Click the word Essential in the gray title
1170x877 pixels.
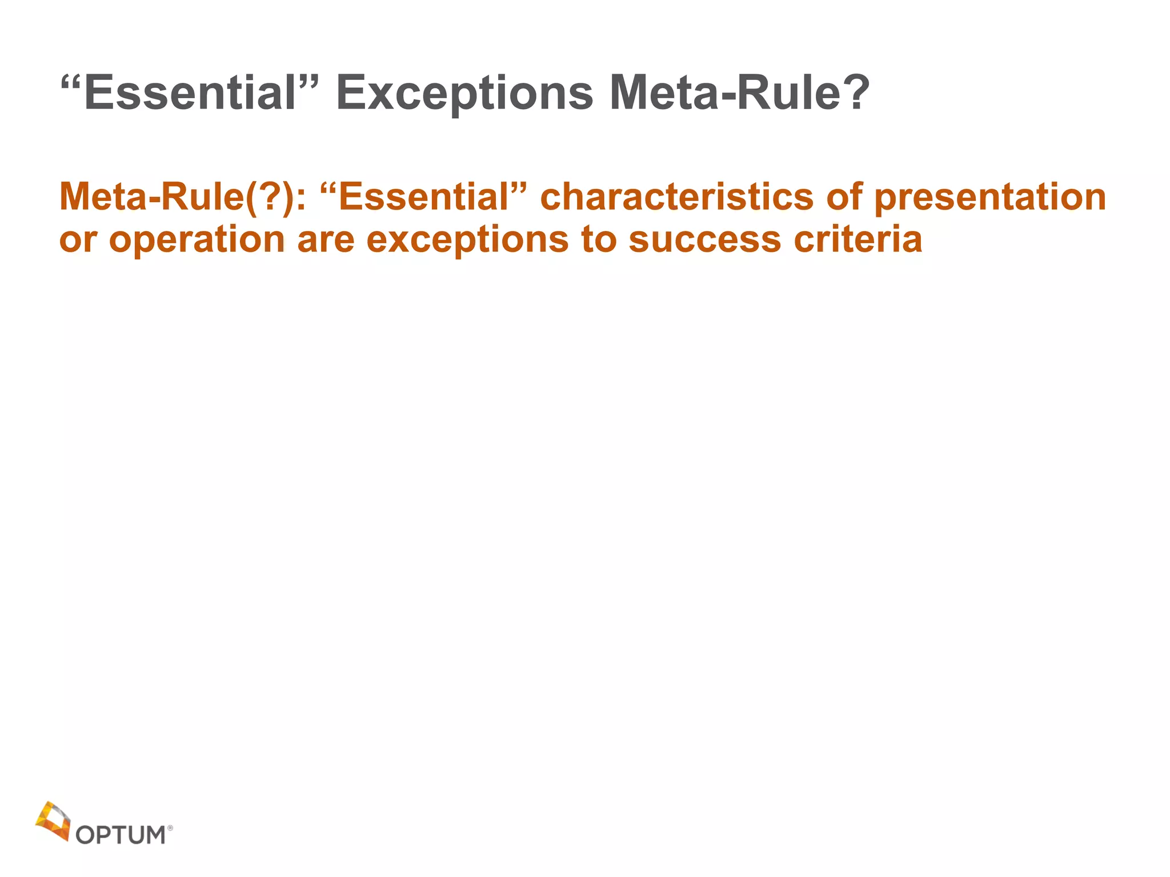coord(189,93)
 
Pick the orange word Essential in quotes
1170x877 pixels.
coord(423,197)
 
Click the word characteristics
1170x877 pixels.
coord(677,197)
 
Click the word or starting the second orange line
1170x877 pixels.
coord(78,240)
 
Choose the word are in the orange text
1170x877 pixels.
coord(326,240)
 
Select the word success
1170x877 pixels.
coord(704,240)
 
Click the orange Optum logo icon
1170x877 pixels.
coord(53,820)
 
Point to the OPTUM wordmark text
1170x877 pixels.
coord(121,835)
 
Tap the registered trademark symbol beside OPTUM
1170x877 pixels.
coord(170,827)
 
